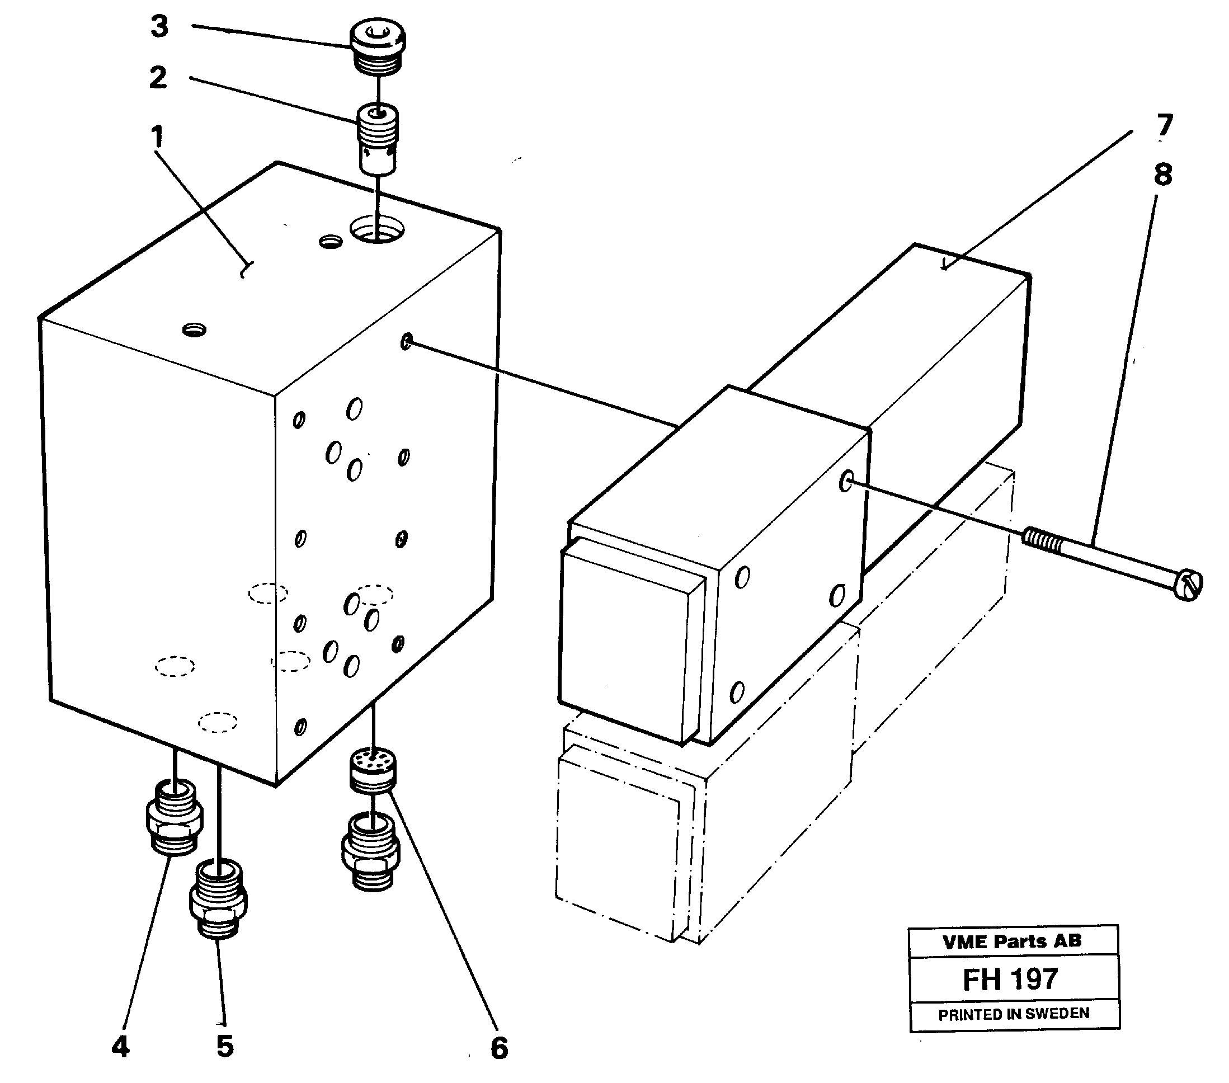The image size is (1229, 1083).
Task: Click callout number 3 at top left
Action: [159, 27]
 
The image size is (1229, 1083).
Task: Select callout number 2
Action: [158, 78]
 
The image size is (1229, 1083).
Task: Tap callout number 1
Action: [157, 137]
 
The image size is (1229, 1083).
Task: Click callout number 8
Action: [1163, 175]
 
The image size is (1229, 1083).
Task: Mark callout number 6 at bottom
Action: [499, 1048]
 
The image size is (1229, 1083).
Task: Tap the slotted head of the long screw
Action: [1187, 585]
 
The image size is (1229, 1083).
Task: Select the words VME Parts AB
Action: [1012, 941]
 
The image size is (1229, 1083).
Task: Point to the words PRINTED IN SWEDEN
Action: [1014, 1014]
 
